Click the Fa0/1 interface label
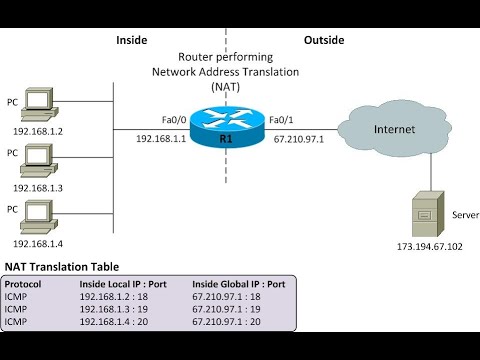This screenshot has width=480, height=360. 283,119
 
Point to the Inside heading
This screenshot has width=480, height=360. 132,41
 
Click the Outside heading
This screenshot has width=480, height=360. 323,41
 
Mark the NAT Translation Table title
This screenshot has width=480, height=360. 61,267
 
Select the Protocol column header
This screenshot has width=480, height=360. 27,283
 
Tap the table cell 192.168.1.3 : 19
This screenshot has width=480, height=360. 120,309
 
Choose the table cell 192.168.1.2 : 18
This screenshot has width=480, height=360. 120,296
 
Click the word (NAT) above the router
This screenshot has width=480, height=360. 226,87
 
